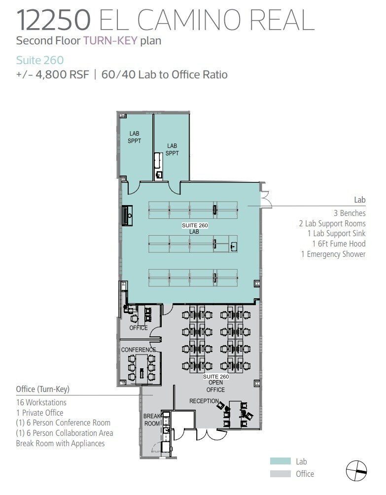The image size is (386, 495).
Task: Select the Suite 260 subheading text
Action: click(39, 60)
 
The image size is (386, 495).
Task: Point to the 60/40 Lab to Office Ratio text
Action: click(164, 74)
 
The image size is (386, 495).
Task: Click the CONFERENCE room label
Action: click(139, 350)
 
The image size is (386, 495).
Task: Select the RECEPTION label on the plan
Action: click(204, 401)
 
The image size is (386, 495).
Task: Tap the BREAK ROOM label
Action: click(152, 420)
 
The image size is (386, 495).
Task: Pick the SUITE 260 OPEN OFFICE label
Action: click(215, 383)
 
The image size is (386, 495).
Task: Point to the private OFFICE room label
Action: click(139, 328)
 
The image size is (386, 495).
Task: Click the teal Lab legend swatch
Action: click(280, 461)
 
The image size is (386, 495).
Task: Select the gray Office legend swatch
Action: click(280, 474)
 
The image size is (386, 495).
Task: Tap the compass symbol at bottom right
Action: click(356, 471)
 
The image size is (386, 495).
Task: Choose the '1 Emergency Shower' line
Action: click(333, 254)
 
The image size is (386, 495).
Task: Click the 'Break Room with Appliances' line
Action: click(60, 443)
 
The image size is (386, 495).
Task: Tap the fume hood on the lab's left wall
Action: click(128, 216)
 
